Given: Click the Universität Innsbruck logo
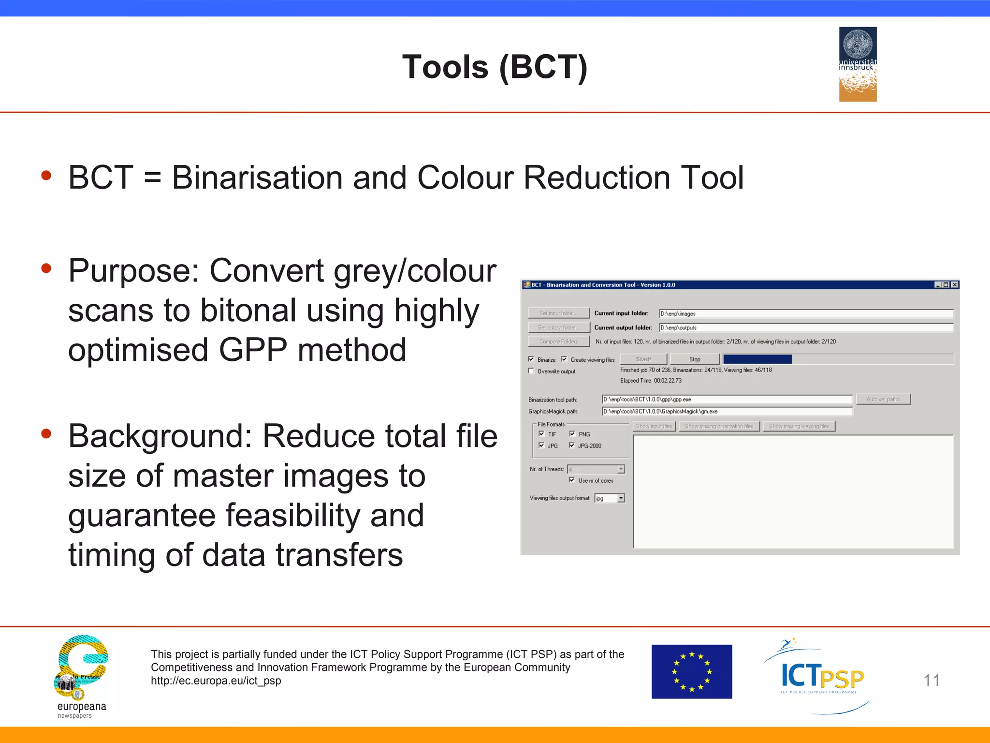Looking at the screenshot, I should pos(858,64).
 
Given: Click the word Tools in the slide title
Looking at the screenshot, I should pos(445,67).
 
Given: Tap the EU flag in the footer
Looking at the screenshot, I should pos(691,671).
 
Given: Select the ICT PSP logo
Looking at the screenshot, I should pos(821,676).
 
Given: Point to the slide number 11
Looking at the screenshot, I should pos(932,681).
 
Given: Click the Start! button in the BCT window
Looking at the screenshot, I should pos(643,359).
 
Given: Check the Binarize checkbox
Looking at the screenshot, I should pos(531,359).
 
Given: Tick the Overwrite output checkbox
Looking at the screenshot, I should pos(531,371).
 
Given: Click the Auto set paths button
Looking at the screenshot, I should pos(883,399).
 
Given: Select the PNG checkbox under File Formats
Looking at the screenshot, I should pos(572,434).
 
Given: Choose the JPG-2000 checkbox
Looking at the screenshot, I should pos(572,446).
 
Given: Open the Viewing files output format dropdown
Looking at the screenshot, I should pos(621,498).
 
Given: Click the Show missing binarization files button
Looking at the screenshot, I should pos(719,426).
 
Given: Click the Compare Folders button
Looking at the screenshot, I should pos(558,342).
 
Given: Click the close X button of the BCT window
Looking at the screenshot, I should pos(954,285).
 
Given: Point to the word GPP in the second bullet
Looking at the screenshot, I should pos(253,350).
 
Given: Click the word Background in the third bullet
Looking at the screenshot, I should pos(160,436).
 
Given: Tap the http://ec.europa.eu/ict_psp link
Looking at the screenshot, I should pos(216,681).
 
